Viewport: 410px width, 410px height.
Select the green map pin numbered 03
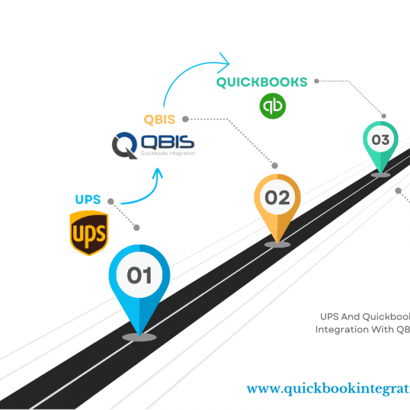point(381,142)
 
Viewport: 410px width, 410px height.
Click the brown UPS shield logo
point(88,233)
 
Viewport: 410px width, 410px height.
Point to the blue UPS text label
point(88,199)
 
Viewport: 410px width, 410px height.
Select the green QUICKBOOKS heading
point(261,82)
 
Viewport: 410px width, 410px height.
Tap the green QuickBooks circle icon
point(272,106)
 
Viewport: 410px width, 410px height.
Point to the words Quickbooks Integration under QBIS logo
point(167,154)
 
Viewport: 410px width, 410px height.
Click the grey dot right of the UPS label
point(111,201)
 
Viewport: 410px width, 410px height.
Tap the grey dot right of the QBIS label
point(185,119)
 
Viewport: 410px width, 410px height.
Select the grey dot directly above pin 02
point(275,165)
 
